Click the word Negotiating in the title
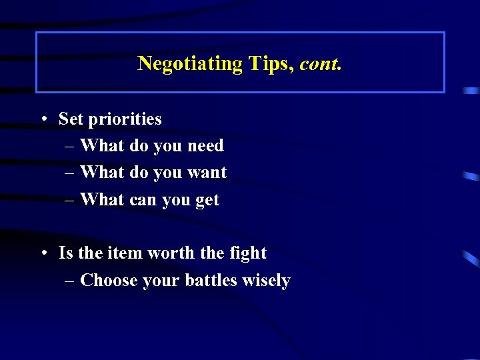click(190, 64)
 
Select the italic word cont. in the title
click(321, 64)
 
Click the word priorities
click(125, 119)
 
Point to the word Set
click(71, 119)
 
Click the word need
click(205, 146)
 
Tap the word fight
click(247, 253)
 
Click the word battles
click(211, 281)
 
